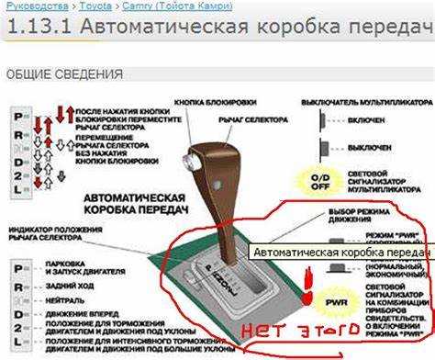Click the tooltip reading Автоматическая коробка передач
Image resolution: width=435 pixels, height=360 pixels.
(x=340, y=251)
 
